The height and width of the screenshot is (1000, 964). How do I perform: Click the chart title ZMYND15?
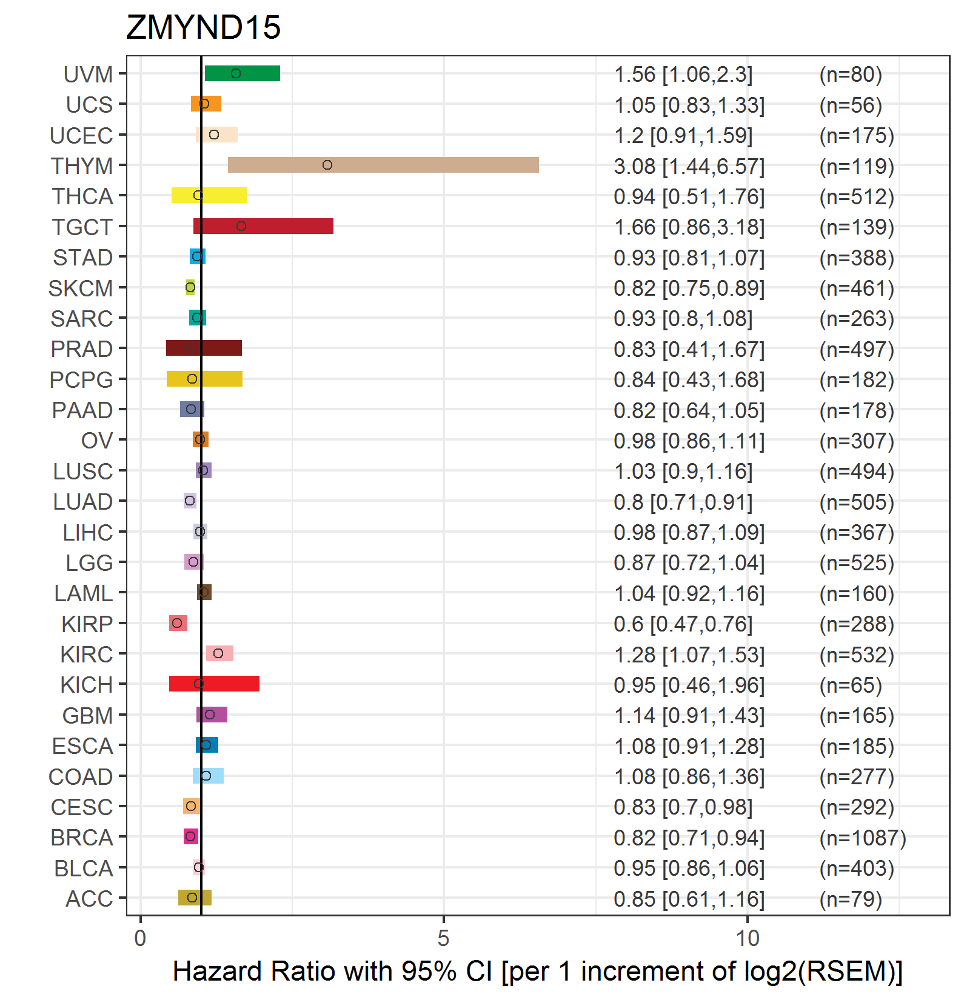click(x=203, y=27)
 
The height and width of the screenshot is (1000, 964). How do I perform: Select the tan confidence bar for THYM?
click(x=383, y=165)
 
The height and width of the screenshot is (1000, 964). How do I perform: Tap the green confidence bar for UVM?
click(x=243, y=73)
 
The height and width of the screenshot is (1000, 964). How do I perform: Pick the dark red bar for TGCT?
click(x=263, y=226)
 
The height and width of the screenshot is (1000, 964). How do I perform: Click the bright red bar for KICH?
click(x=214, y=684)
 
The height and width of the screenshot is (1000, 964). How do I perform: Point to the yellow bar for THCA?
click(x=209, y=195)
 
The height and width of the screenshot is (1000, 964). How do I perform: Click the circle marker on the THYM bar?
click(x=327, y=165)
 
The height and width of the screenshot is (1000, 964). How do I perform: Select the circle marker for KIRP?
click(x=177, y=623)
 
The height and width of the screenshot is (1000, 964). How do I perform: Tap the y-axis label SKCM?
click(x=81, y=288)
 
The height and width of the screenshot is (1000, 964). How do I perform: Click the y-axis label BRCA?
click(x=82, y=838)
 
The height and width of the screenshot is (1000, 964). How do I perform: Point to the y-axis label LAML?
click(x=84, y=593)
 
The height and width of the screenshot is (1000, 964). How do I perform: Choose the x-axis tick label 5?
click(x=443, y=938)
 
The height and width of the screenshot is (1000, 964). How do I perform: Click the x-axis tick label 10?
click(x=748, y=938)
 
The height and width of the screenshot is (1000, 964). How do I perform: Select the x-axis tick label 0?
click(x=140, y=938)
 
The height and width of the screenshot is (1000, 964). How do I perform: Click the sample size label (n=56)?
click(x=851, y=105)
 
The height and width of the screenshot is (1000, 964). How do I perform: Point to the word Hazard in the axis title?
click(x=218, y=971)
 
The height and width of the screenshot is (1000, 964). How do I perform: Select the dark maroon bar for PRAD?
click(x=204, y=348)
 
